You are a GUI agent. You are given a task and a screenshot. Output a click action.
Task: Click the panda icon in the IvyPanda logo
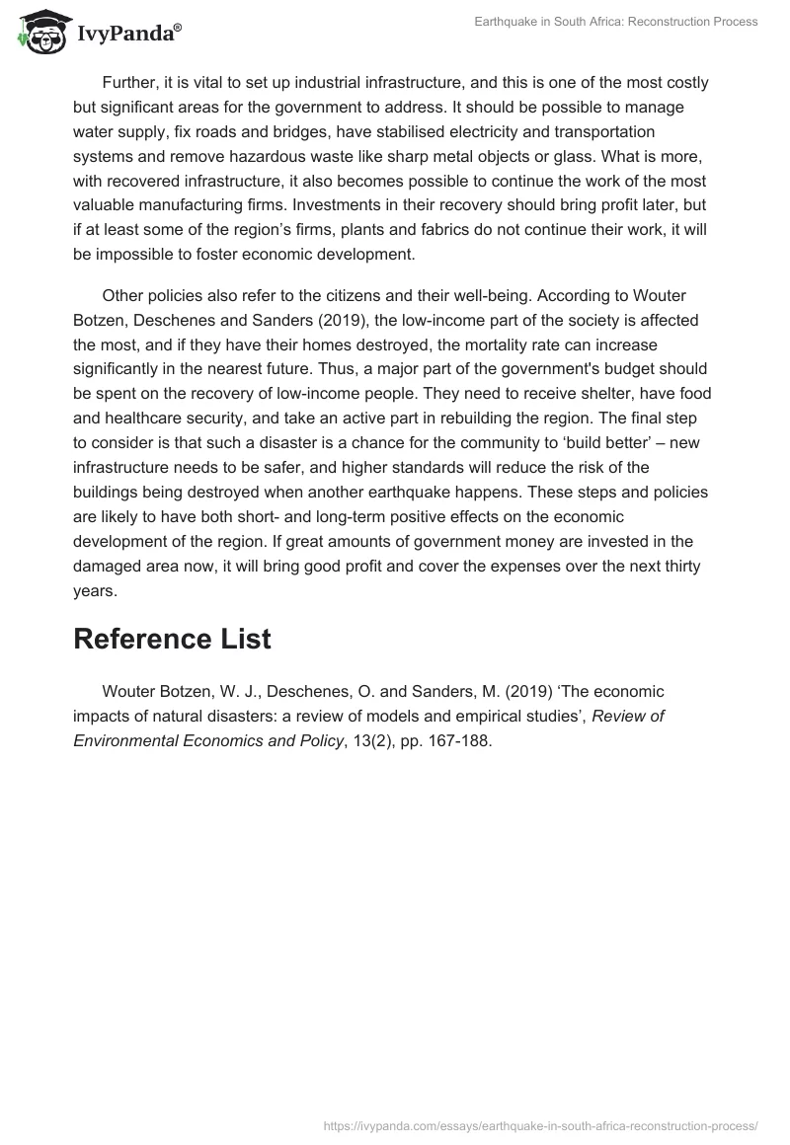point(39,31)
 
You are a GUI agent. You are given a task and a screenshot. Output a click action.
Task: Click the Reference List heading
point(172,638)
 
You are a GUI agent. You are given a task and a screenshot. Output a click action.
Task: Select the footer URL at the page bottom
point(541,1124)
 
